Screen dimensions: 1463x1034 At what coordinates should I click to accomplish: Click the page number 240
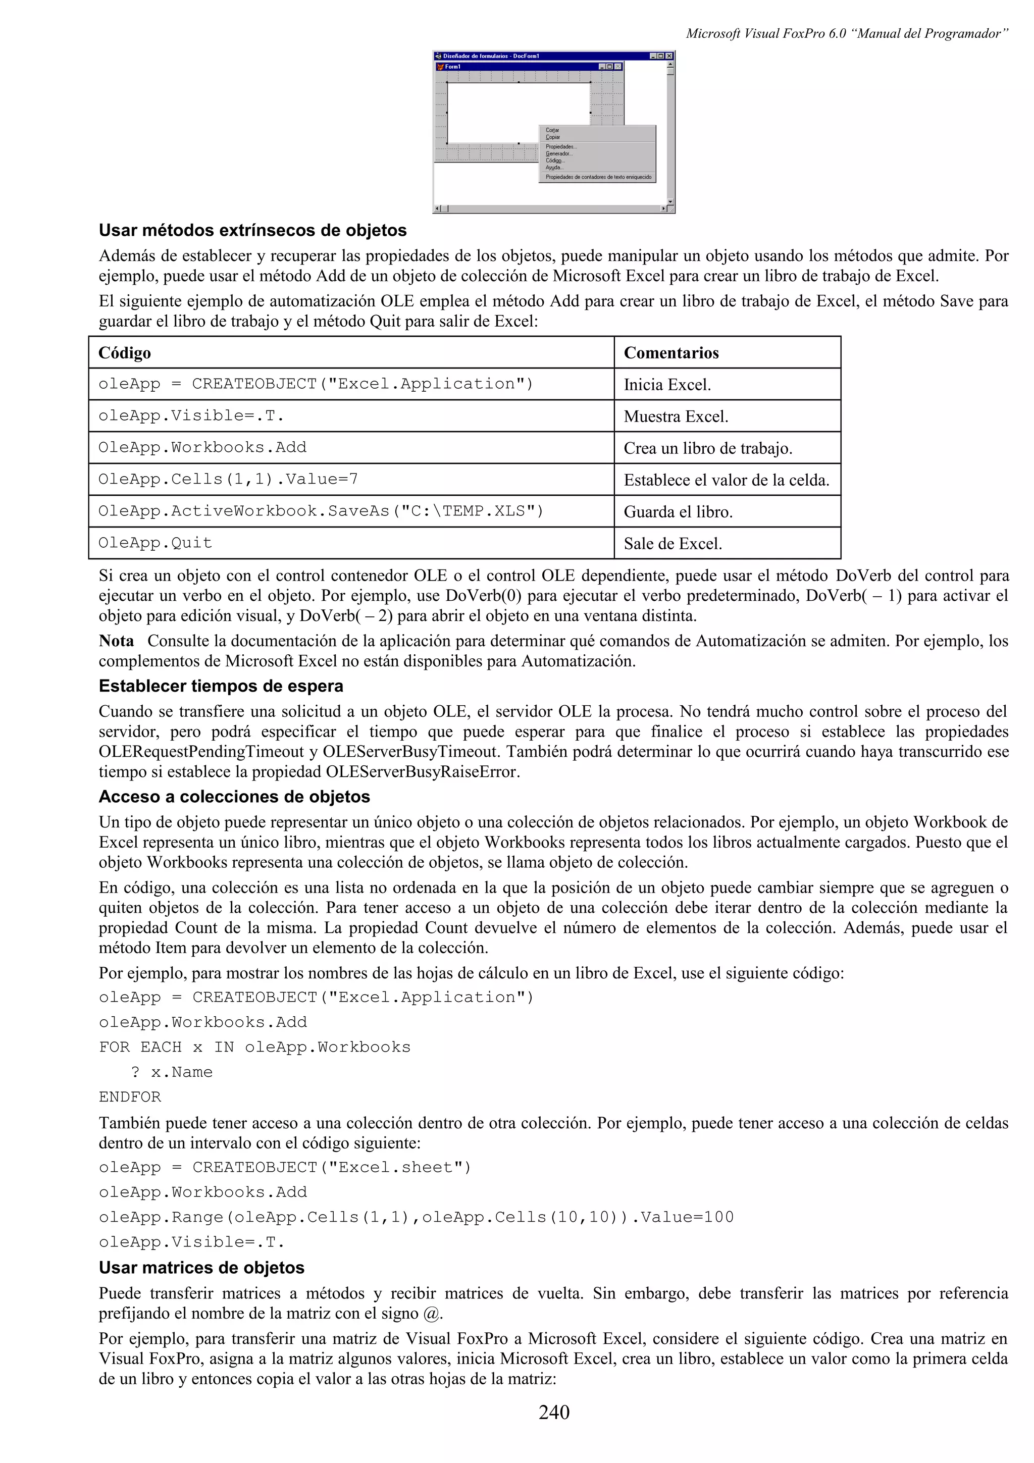(x=554, y=1412)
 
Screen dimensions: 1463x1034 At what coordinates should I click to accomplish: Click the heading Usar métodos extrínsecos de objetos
(x=252, y=230)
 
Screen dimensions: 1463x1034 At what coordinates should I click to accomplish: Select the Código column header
(x=125, y=353)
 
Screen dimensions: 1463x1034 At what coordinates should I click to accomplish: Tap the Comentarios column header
(x=671, y=353)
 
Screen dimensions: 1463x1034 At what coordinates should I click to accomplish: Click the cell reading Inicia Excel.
(x=667, y=385)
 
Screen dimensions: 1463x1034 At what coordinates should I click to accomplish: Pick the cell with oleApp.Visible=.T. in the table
(x=191, y=416)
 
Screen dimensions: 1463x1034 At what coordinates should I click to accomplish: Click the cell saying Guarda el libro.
(x=678, y=512)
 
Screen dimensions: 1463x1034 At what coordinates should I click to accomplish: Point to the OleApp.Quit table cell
(x=155, y=543)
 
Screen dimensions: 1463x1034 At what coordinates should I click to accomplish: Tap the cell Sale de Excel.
(x=673, y=544)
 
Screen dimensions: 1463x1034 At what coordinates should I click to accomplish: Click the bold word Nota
(x=117, y=641)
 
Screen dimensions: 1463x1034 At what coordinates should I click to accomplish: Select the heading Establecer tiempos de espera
(x=221, y=686)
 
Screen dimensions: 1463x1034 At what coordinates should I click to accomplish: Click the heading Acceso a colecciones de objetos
(x=234, y=797)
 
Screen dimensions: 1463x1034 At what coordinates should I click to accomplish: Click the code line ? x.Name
(x=172, y=1072)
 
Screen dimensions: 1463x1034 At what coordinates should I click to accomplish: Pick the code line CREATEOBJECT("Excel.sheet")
(x=285, y=1167)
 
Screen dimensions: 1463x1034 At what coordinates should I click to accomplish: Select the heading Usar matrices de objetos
(x=201, y=1268)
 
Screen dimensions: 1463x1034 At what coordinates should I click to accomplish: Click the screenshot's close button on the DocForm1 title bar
(x=669, y=56)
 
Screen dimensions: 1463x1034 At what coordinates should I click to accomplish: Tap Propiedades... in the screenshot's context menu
(x=560, y=146)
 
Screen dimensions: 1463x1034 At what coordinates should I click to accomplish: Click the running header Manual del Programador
(x=847, y=34)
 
